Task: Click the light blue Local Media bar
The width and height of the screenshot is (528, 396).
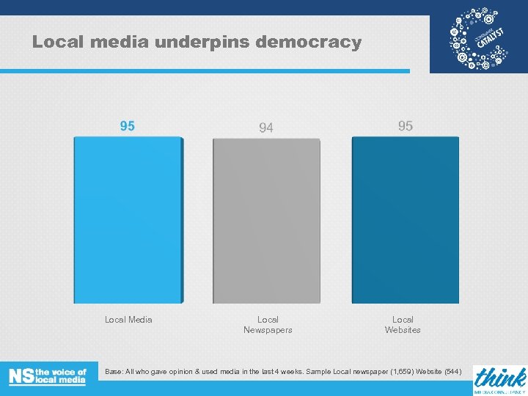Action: tap(128, 220)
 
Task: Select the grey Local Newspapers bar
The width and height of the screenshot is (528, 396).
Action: tap(267, 221)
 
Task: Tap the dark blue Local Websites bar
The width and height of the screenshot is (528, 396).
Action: tap(405, 220)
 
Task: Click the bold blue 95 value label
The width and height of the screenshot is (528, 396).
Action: tap(128, 126)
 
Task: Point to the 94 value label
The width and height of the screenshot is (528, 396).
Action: tap(266, 128)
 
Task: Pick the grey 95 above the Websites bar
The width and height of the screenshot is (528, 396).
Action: tap(406, 126)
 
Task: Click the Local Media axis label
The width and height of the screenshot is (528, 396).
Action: tap(128, 320)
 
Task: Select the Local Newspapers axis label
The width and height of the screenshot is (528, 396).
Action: tap(268, 325)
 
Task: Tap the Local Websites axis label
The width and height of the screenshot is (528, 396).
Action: tap(403, 325)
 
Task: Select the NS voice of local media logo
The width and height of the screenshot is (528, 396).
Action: tap(48, 376)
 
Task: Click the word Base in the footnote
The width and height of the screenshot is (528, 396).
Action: tap(114, 372)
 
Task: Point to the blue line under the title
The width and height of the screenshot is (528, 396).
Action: tap(205, 71)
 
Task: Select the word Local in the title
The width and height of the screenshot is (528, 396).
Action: tap(58, 43)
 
